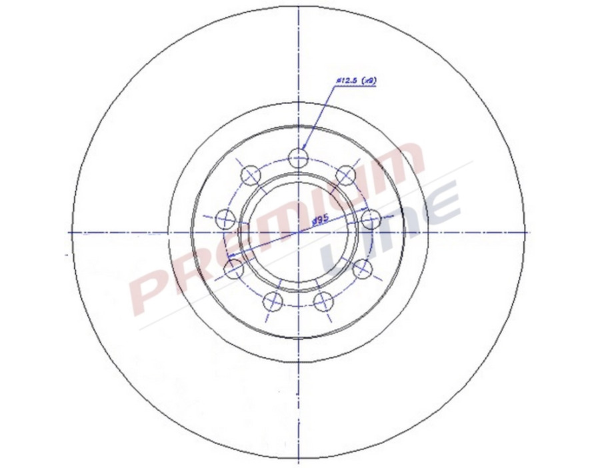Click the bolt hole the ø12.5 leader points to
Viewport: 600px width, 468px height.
299,157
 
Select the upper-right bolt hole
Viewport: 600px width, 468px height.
345,175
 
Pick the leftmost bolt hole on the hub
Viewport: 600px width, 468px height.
226,217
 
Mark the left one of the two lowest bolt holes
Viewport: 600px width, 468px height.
273,301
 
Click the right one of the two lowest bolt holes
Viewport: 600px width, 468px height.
323,301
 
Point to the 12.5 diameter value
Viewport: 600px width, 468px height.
347,81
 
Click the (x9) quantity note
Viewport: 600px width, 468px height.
369,81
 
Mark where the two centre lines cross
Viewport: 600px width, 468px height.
299,232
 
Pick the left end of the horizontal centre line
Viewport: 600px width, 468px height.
69,232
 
